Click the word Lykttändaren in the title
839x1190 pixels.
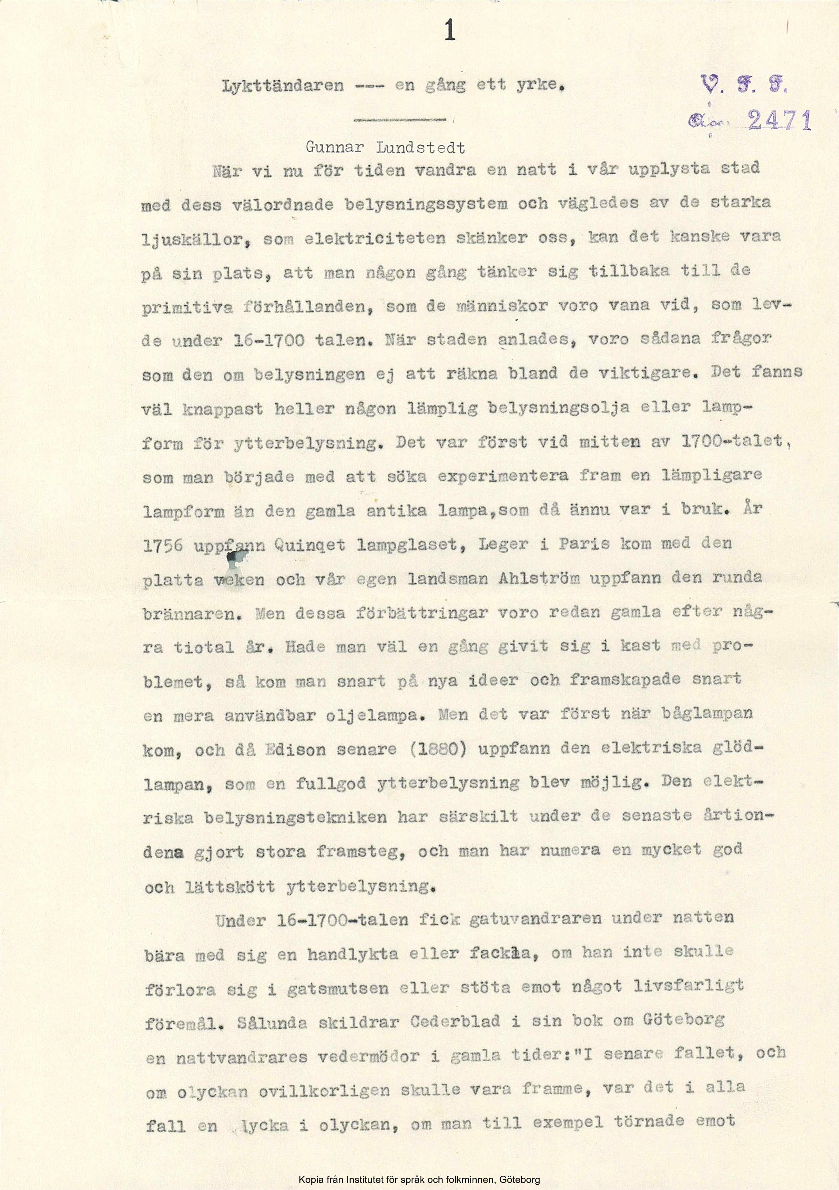click(283, 86)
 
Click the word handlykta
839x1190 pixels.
click(351, 954)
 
